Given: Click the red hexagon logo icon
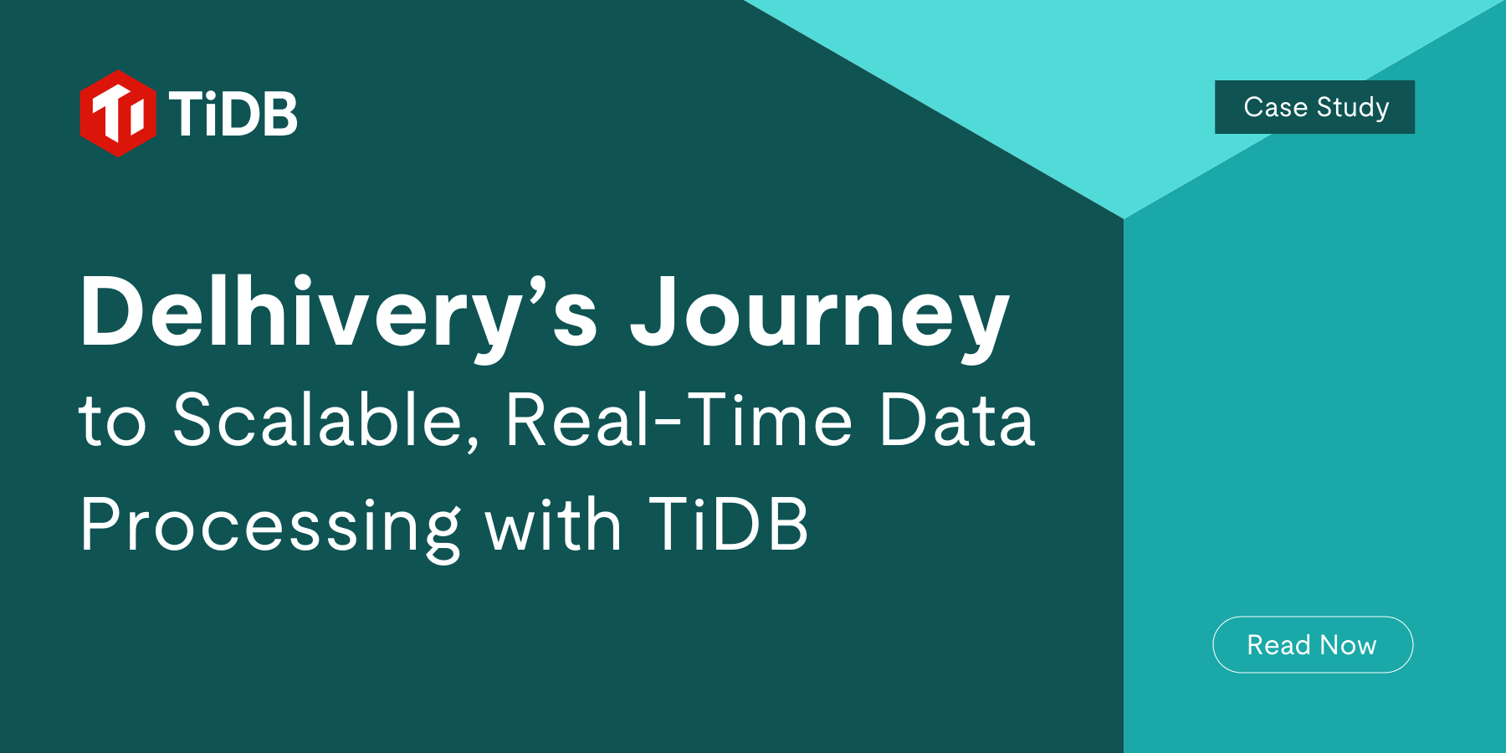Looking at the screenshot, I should coord(118,114).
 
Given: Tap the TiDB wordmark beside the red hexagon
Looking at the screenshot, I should coord(233,114).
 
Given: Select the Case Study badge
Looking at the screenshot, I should coord(1314,107).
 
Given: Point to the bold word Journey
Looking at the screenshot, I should coord(820,314).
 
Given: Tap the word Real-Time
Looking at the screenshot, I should coord(679,420).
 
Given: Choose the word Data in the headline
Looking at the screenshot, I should coord(957,420).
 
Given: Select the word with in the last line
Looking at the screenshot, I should coord(553,525).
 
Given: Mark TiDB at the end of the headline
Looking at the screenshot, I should coord(729,525).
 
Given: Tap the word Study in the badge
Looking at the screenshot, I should coord(1353,108).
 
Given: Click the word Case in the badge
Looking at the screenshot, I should coord(1275,107).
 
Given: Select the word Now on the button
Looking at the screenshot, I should coord(1348,645).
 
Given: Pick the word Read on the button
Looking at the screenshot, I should coord(1278,645).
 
